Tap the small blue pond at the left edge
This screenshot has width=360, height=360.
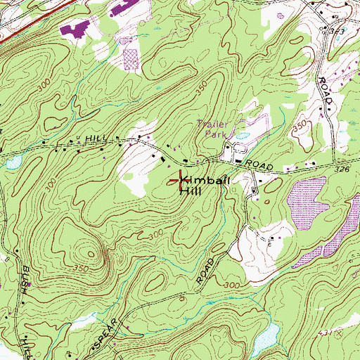point(12,163)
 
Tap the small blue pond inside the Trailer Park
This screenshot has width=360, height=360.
point(243,135)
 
